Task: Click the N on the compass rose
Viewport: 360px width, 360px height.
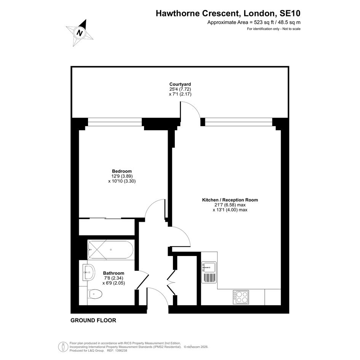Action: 80,33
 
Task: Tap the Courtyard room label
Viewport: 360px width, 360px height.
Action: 180,84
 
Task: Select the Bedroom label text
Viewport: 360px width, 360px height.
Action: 122,171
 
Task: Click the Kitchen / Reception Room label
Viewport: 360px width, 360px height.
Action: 230,200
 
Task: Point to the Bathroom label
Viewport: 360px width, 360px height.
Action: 114,273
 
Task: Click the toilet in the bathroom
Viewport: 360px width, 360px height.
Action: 95,294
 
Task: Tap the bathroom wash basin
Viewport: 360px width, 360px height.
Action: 89,272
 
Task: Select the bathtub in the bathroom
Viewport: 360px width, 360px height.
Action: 110,250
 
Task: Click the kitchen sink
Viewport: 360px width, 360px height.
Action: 208,267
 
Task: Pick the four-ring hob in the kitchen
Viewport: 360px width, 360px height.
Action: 241,297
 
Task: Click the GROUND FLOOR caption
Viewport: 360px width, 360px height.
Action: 93,320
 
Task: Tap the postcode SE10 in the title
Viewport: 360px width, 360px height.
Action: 290,13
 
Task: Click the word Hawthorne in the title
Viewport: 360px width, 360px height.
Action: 178,13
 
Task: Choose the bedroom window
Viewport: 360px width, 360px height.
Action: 115,122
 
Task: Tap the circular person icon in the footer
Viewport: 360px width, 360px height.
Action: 63,347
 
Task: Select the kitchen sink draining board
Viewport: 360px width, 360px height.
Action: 208,278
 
